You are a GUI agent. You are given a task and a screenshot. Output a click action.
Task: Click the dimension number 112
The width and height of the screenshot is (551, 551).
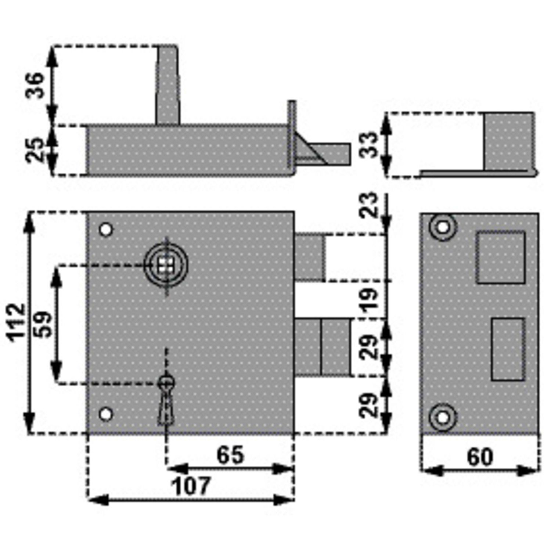17,323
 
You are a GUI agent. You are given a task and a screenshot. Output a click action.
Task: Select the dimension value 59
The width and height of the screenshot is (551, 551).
44,324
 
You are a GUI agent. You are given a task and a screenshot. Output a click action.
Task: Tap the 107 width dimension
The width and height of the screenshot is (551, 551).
191,486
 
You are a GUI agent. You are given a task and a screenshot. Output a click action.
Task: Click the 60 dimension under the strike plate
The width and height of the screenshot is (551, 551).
480,457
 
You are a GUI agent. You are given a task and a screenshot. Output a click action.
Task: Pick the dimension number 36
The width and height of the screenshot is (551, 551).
35,85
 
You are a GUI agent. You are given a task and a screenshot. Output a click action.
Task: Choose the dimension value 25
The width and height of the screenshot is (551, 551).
35,150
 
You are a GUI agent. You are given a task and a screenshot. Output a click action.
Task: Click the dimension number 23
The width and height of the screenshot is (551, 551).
369,205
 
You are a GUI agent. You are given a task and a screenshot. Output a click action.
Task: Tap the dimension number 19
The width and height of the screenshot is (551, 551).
369,299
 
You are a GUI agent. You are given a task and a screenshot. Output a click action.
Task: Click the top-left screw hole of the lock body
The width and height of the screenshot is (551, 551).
106,230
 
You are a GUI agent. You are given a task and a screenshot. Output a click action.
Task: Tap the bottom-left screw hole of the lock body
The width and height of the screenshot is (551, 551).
106,414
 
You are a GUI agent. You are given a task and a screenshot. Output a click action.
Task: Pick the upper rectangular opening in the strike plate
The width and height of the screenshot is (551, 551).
500,257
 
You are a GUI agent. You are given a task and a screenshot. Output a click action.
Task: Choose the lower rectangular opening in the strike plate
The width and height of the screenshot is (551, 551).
508,349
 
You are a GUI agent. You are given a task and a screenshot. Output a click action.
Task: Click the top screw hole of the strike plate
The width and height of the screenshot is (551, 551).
443,227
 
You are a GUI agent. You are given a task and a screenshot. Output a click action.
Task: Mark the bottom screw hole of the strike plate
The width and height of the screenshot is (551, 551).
443,418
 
